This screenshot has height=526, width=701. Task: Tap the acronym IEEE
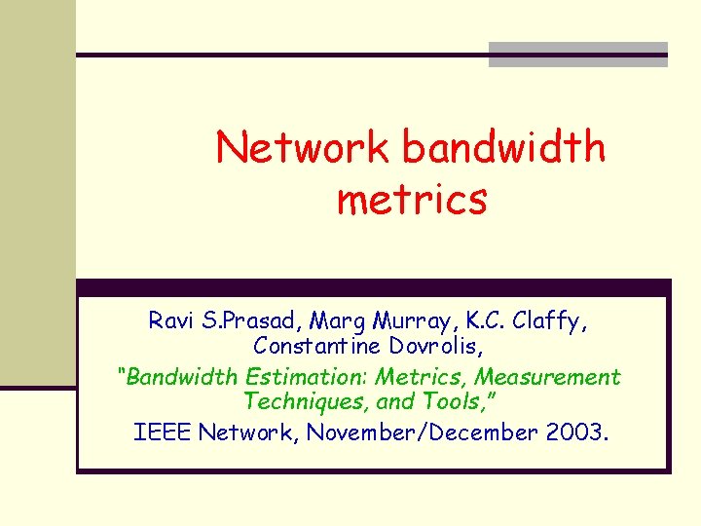[x=162, y=432]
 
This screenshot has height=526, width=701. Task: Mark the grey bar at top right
[x=577, y=55]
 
